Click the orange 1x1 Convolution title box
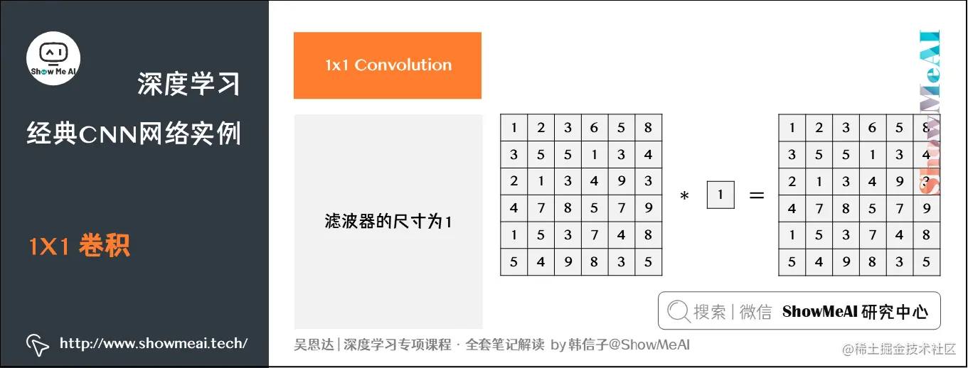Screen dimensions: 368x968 (387, 65)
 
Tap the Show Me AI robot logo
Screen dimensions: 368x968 (53, 58)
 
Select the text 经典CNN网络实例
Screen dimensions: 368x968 (133, 133)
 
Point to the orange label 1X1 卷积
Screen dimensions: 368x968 (79, 247)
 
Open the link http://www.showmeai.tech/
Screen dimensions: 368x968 (154, 344)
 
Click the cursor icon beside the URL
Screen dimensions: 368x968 (38, 345)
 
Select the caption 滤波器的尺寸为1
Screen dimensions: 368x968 (388, 222)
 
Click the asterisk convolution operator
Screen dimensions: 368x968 (685, 197)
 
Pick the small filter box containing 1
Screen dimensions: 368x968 (720, 195)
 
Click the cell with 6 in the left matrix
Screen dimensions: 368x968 (594, 128)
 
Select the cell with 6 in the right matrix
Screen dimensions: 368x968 (872, 128)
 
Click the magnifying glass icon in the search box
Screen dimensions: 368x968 (679, 311)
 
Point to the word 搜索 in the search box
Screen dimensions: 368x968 (709, 311)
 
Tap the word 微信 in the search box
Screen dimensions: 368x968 (755, 311)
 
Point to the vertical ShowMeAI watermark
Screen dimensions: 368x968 (928, 114)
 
